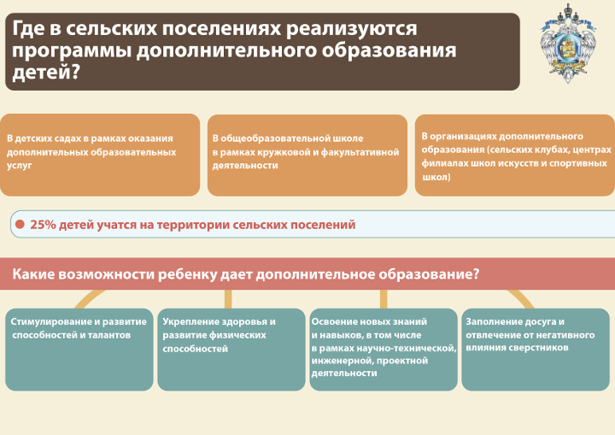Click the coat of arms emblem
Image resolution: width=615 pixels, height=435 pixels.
pyautogui.click(x=567, y=43)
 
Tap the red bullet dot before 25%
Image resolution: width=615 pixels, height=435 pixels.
pyautogui.click(x=20, y=224)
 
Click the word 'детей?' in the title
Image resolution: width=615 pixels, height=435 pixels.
pyautogui.click(x=46, y=73)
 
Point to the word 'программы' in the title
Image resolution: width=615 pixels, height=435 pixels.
pyautogui.click(x=72, y=51)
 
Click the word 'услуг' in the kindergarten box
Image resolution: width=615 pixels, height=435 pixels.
pyautogui.click(x=19, y=166)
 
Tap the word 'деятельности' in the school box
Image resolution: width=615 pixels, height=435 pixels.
pyautogui.click(x=245, y=166)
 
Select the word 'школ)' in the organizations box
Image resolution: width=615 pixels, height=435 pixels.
pyautogui.click(x=436, y=177)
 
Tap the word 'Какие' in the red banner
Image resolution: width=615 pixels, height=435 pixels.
pyautogui.click(x=33, y=274)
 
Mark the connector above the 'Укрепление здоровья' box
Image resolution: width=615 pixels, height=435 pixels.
pyautogui.click(x=228, y=299)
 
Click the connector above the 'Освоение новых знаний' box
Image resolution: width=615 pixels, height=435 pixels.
pyautogui.click(x=384, y=299)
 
